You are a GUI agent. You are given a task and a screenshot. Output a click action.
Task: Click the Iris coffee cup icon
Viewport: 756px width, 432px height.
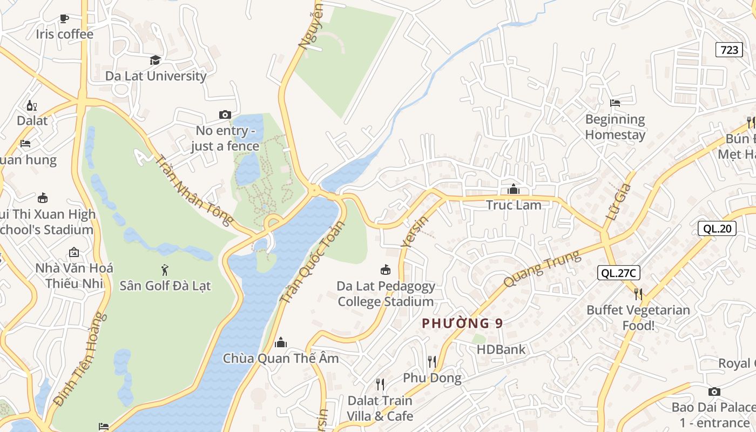(64, 19)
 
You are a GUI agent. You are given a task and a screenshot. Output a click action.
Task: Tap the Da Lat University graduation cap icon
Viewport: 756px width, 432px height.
(156, 60)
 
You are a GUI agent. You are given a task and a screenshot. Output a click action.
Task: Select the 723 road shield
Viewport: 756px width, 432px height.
(729, 50)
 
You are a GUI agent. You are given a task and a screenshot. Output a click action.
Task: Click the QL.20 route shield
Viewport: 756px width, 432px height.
(717, 228)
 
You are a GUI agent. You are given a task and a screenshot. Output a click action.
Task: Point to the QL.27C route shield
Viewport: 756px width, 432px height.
(618, 273)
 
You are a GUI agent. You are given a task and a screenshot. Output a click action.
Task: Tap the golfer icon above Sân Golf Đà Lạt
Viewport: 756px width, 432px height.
(165, 269)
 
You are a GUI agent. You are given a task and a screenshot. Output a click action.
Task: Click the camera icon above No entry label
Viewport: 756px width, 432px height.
(225, 114)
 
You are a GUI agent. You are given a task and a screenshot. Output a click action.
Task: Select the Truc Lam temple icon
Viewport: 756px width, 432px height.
(514, 190)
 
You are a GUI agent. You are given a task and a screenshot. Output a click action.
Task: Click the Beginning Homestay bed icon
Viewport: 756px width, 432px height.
(615, 103)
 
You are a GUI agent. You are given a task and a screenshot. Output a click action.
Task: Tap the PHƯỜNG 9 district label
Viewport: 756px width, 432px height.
(462, 323)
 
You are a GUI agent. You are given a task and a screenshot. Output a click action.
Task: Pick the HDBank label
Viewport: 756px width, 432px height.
(501, 349)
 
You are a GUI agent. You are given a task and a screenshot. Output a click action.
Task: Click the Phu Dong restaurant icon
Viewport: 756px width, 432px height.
(432, 361)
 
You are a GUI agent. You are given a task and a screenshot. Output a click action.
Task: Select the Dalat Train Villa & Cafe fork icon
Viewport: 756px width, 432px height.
(380, 384)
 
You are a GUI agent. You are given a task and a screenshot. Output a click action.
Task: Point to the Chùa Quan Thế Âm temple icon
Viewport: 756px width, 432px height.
(281, 342)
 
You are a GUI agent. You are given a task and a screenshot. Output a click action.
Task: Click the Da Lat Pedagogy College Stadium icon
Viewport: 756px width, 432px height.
(386, 269)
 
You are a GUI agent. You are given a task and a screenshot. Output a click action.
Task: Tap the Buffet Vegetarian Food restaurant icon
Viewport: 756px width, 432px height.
(638, 294)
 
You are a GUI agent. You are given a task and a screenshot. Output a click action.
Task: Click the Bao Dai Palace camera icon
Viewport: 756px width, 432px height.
(714, 391)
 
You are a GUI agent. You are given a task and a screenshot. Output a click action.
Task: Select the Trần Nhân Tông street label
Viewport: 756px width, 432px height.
(194, 190)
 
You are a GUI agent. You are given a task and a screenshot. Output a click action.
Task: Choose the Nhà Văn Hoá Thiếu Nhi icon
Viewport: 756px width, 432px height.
(74, 252)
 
